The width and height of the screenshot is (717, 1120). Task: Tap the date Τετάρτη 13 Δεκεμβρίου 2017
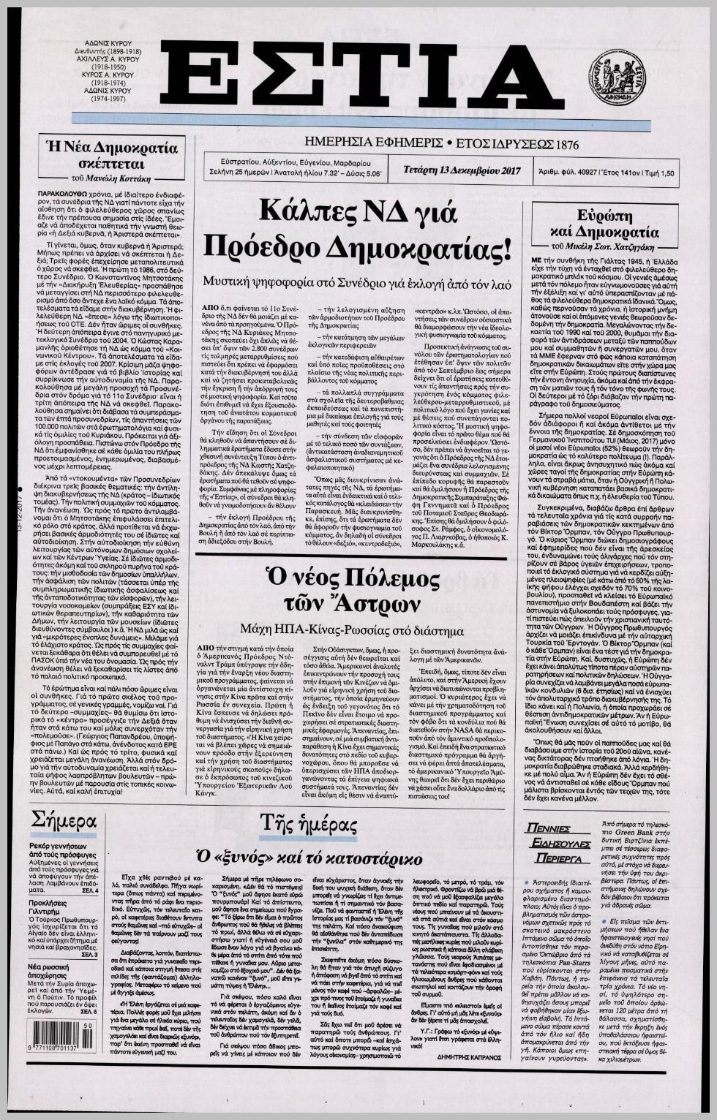pyautogui.click(x=461, y=170)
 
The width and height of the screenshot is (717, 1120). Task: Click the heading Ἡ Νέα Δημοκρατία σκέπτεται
pyautogui.click(x=111, y=154)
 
